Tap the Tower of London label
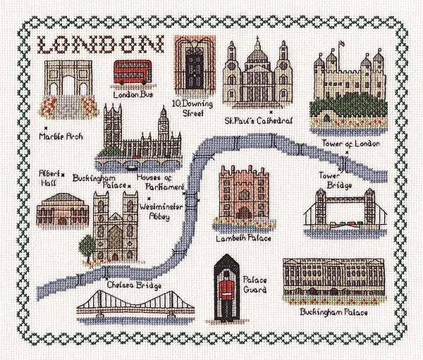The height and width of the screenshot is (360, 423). (350, 143)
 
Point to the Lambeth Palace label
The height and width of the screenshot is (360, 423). (242, 238)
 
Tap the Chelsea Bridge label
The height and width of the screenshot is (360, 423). (135, 286)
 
